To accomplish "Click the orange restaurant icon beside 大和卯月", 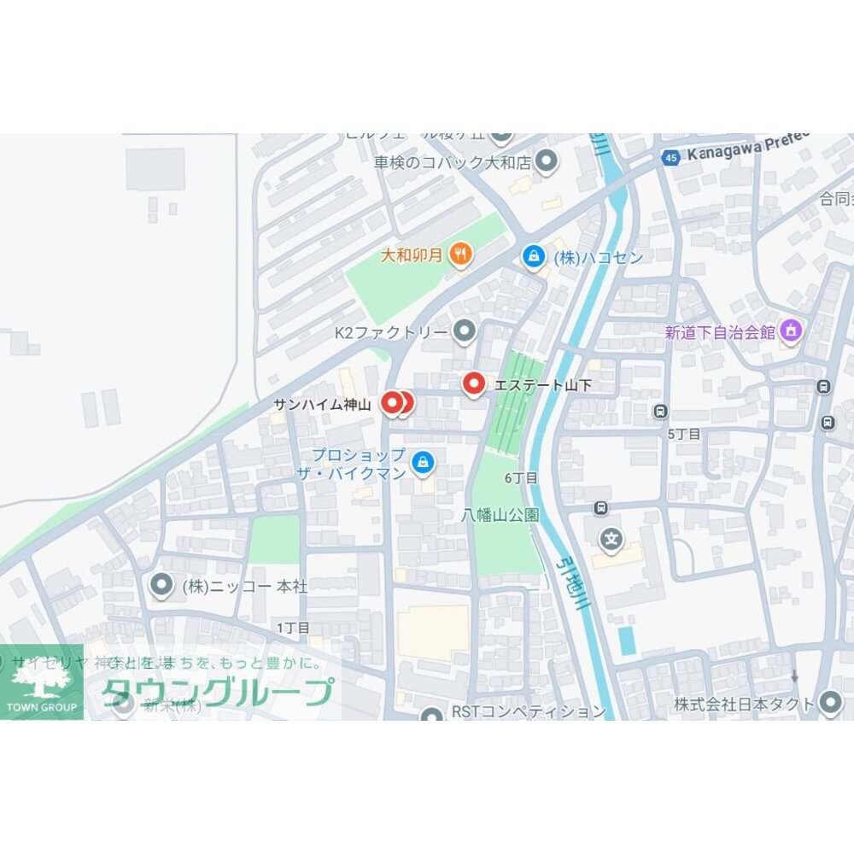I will coord(461,254).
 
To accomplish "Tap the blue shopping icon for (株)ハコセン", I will coord(534,256).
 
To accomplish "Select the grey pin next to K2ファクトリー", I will coord(464,330).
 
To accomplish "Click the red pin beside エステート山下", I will coord(473,384).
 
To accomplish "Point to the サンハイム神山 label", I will coord(322,405).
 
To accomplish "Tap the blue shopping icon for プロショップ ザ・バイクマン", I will coord(422,462).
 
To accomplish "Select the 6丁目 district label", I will coord(521,478).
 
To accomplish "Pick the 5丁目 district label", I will coord(684,434).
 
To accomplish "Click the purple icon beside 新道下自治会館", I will coord(792,330).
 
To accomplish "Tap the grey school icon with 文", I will coord(611,539).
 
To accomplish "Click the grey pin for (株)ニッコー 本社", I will coord(161,586).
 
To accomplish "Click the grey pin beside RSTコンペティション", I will coord(433,714).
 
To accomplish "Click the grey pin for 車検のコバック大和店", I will coord(547,160).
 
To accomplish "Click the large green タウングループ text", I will coord(218,692).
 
